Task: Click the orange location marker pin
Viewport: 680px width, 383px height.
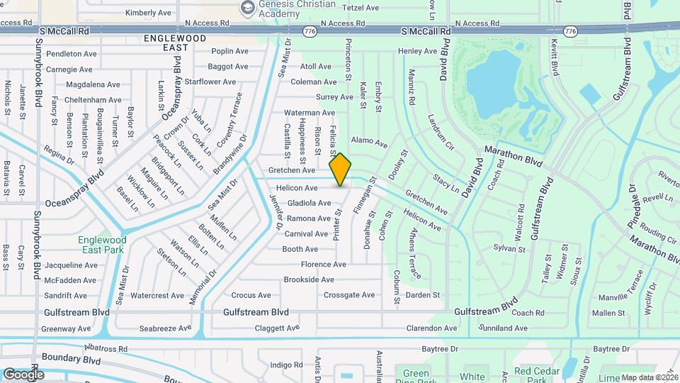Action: (x=341, y=169)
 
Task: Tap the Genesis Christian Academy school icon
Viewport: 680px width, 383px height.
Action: (x=247, y=8)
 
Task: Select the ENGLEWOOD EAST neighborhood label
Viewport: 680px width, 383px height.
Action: (x=166, y=42)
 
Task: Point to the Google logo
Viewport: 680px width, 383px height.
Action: (x=23, y=374)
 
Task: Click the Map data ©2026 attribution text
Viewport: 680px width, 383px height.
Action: (x=650, y=377)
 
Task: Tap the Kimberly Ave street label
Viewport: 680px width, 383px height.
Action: (x=148, y=13)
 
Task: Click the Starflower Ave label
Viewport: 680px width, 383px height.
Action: (x=210, y=82)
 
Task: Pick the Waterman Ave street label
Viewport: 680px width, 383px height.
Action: (x=309, y=113)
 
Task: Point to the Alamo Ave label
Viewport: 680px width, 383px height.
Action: (x=369, y=143)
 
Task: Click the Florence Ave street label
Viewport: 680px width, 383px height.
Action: (x=323, y=265)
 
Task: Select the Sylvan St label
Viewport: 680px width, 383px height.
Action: (x=509, y=249)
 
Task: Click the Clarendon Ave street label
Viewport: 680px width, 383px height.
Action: (x=431, y=328)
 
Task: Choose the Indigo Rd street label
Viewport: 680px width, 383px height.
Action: (x=286, y=365)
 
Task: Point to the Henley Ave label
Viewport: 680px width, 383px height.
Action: (x=417, y=51)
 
